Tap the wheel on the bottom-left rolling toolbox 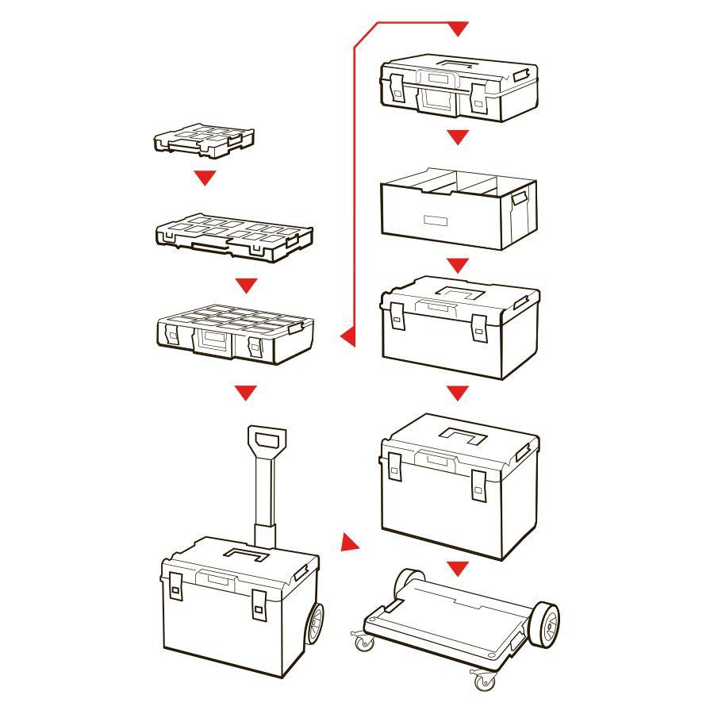pyautogui.click(x=313, y=626)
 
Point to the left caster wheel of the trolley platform pyautogui.click(x=364, y=641)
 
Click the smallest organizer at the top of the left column pyautogui.click(x=204, y=140)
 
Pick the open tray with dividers pyautogui.click(x=459, y=207)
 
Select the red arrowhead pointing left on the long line pyautogui.click(x=347, y=337)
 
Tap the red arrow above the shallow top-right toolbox pyautogui.click(x=458, y=29)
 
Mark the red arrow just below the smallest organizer pyautogui.click(x=205, y=178)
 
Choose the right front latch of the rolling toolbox pyautogui.click(x=259, y=605)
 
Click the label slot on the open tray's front pyautogui.click(x=436, y=219)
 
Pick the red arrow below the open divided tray pyautogui.click(x=458, y=265)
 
